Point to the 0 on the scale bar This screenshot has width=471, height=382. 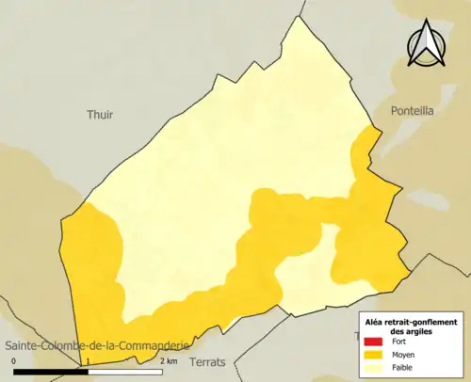14,361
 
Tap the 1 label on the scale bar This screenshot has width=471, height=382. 86,361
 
